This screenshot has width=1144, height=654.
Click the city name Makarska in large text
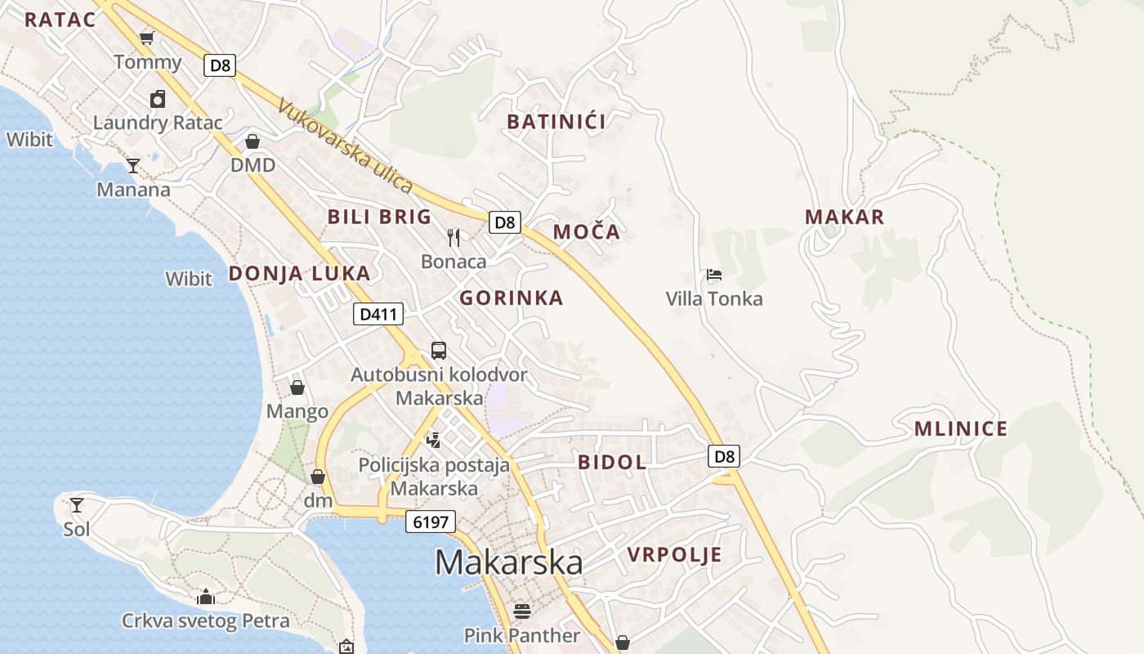pyautogui.click(x=508, y=562)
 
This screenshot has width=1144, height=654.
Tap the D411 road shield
pyautogui.click(x=378, y=314)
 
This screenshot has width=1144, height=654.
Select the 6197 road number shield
pyautogui.click(x=430, y=522)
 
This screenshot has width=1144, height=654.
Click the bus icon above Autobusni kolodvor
pyautogui.click(x=439, y=351)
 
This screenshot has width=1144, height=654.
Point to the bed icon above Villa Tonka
pyautogui.click(x=714, y=275)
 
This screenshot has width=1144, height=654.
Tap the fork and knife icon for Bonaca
pyautogui.click(x=454, y=238)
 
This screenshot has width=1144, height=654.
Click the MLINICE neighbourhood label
pyautogui.click(x=960, y=429)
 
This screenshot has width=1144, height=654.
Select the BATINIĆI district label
pyautogui.click(x=556, y=122)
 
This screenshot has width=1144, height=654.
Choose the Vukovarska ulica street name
pyautogui.click(x=344, y=146)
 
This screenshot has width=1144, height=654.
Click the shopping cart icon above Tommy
pyautogui.click(x=147, y=38)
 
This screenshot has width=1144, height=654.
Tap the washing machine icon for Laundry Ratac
pyautogui.click(x=158, y=99)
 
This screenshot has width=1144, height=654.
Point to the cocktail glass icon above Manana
pyautogui.click(x=132, y=166)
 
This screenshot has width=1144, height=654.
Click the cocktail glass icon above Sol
pyautogui.click(x=77, y=505)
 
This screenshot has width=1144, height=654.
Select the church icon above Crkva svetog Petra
pyautogui.click(x=206, y=597)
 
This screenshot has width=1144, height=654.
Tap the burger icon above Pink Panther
pyautogui.click(x=521, y=611)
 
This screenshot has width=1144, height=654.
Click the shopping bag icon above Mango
pyautogui.click(x=297, y=387)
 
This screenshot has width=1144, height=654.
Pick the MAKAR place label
pyautogui.click(x=844, y=217)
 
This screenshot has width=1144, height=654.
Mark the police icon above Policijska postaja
pyautogui.click(x=434, y=441)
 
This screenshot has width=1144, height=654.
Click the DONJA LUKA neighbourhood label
pyautogui.click(x=299, y=274)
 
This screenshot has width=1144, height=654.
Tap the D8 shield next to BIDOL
pyautogui.click(x=724, y=456)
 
